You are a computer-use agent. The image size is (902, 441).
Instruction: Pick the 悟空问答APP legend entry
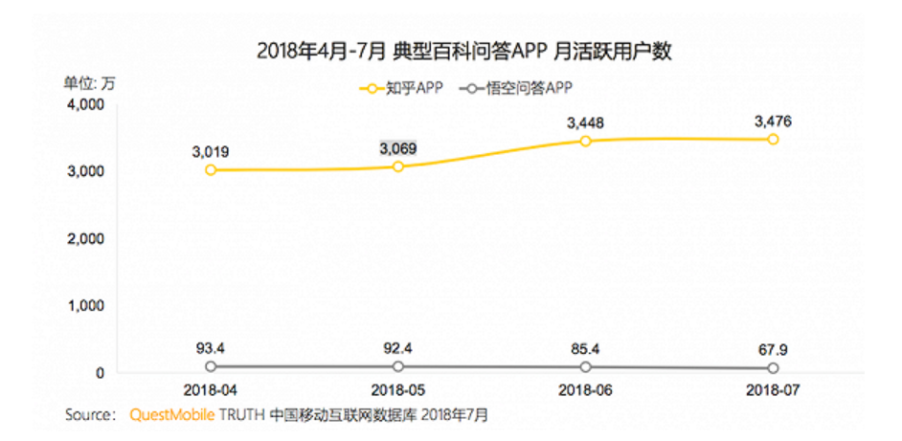[514, 89]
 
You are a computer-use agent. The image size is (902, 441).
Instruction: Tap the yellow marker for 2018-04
[210, 170]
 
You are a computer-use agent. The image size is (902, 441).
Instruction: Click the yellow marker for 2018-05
[398, 166]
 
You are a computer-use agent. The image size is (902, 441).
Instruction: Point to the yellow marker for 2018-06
[585, 141]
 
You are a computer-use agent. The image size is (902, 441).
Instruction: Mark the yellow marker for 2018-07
[773, 140]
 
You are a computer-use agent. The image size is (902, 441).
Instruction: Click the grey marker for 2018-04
[210, 366]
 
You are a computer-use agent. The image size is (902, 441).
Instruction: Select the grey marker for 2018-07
[773, 368]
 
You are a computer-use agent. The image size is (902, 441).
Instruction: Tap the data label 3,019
[210, 150]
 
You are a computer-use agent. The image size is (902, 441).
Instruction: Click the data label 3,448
[585, 121]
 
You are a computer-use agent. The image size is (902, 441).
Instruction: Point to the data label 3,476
[773, 121]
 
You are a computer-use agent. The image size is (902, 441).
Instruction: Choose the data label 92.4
[398, 347]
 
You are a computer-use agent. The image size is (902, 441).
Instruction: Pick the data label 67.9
[773, 348]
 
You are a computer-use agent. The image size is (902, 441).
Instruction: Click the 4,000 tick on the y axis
[85, 104]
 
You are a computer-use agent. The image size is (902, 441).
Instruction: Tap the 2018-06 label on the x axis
[585, 391]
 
